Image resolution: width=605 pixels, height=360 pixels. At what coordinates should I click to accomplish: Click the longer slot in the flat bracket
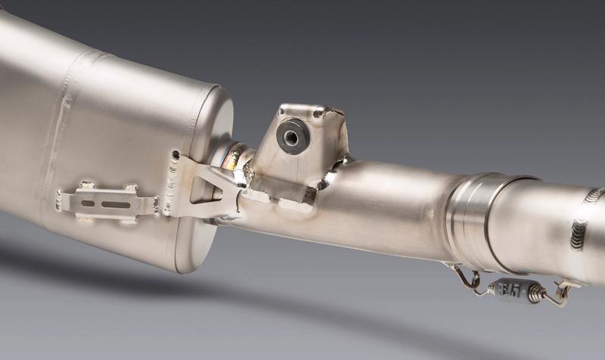[x=115, y=204]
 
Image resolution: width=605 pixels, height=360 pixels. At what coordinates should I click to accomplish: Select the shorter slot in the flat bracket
[x=87, y=203]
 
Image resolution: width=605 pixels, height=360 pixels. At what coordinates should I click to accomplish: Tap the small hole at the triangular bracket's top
[x=175, y=155]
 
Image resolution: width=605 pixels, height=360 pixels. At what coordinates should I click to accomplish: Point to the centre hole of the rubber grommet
[x=291, y=135]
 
